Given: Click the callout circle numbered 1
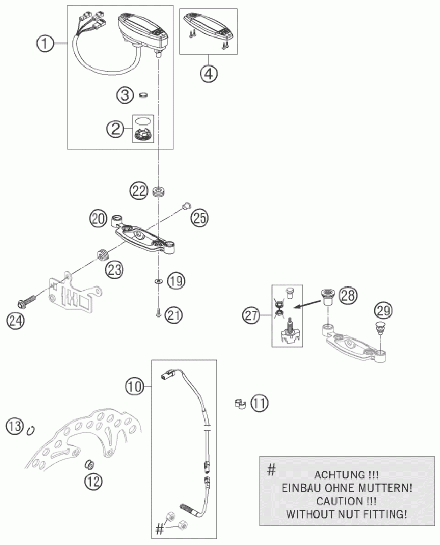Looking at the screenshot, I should click(x=45, y=43).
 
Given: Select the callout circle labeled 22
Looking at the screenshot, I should click(x=139, y=191).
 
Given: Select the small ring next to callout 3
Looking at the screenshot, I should click(x=143, y=95).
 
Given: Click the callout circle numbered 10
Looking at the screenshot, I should click(x=135, y=386).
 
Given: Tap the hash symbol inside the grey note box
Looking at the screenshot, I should click(x=271, y=469).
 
